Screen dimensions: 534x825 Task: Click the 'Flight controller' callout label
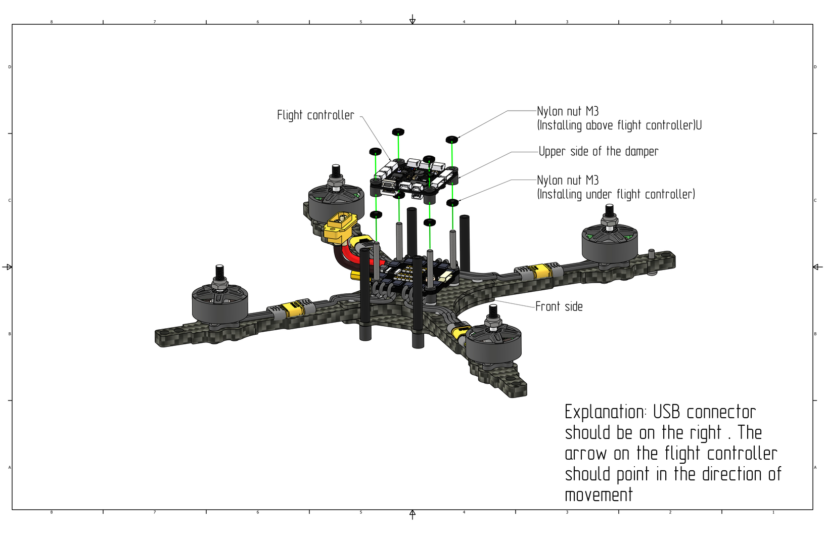pos(315,115)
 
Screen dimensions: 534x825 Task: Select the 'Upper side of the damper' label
pos(598,151)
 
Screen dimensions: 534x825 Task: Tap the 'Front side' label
pos(559,306)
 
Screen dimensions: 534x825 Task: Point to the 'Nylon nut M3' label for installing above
pos(567,111)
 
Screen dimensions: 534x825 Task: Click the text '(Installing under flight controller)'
pos(616,194)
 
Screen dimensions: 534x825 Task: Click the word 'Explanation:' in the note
pos(605,412)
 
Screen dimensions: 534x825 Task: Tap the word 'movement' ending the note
pos(599,495)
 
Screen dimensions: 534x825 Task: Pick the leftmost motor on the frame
pos(219,303)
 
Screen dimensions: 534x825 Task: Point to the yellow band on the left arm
pos(292,308)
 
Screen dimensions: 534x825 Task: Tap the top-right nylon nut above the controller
pos(452,139)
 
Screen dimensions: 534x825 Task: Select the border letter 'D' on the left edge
pos(9,67)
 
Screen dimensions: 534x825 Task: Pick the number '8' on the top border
pos(51,22)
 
